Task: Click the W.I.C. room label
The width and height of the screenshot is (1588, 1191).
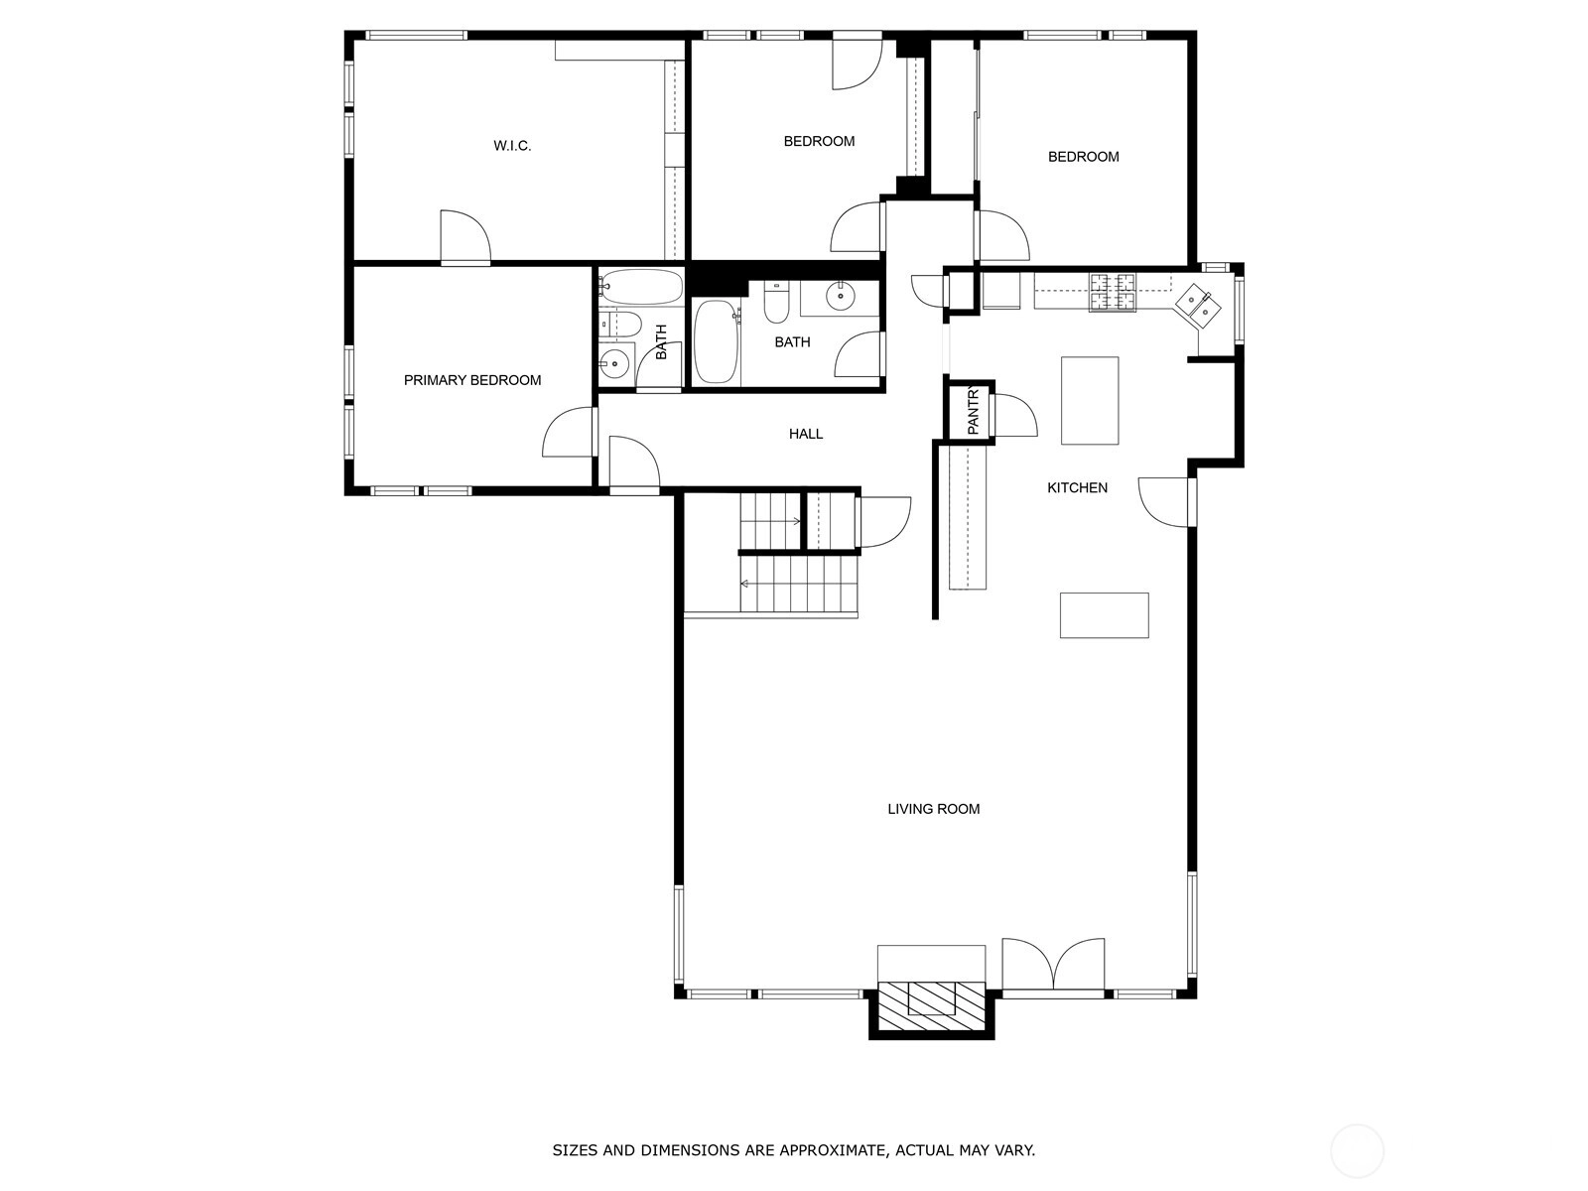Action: pos(512,146)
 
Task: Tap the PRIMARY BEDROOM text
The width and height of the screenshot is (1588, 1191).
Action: pos(472,380)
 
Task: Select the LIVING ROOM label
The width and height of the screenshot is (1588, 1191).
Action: pos(933,809)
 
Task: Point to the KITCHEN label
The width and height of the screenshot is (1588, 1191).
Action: pos(1077,488)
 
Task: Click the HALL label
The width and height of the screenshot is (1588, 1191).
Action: pos(806,434)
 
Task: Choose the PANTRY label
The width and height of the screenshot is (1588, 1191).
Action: pos(973,412)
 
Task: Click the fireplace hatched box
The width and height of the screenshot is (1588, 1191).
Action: pos(932,1009)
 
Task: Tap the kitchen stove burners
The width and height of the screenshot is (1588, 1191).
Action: pos(1113,292)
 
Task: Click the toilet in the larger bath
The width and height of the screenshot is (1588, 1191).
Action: pos(776,304)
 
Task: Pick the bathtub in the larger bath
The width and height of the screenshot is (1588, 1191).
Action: pos(717,342)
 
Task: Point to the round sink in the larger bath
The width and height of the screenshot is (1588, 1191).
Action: pos(841,295)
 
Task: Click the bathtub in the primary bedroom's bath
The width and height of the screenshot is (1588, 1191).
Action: pos(641,287)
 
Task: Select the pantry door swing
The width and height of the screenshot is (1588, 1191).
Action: pos(1015,416)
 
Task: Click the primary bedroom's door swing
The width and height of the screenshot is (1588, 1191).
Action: pos(568,433)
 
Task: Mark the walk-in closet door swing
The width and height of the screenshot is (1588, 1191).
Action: pos(465,236)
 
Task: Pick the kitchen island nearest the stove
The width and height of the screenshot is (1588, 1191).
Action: pos(1090,401)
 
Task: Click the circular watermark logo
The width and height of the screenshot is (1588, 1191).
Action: pos(1357,1151)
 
